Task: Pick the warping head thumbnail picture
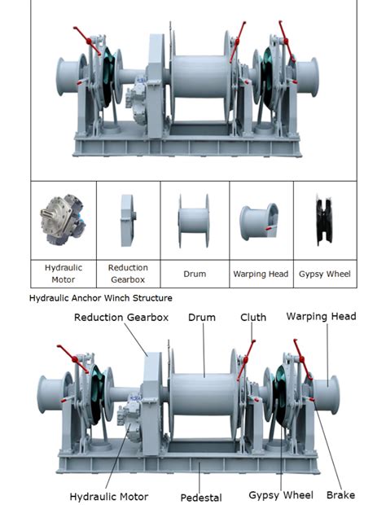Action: pyautogui.click(x=259, y=222)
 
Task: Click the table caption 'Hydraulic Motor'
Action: pyautogui.click(x=63, y=273)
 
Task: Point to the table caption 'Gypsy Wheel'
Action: pyautogui.click(x=326, y=274)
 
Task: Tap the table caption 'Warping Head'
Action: pyautogui.click(x=261, y=274)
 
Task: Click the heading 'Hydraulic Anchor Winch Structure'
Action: pyautogui.click(x=100, y=299)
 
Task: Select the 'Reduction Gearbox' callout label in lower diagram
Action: pyautogui.click(x=121, y=317)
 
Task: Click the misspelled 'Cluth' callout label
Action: pyautogui.click(x=253, y=317)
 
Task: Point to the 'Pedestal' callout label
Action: pyautogui.click(x=201, y=496)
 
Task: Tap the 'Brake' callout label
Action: pyautogui.click(x=340, y=495)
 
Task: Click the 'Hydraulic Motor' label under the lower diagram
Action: pyautogui.click(x=109, y=495)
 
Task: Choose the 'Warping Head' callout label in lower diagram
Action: pyautogui.click(x=321, y=316)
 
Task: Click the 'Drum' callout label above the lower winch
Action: pyautogui.click(x=202, y=317)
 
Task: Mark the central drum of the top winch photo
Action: pyautogui.click(x=201, y=77)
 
